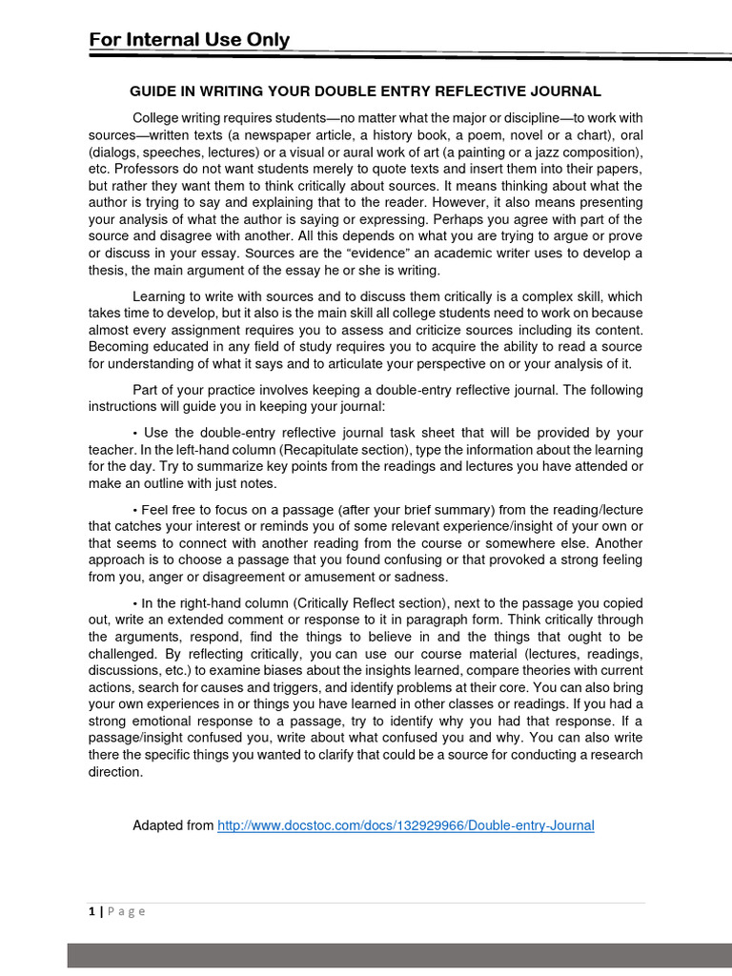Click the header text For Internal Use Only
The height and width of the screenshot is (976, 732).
[189, 39]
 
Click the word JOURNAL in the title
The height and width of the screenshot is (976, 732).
[566, 91]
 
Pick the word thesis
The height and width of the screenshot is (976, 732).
[110, 270]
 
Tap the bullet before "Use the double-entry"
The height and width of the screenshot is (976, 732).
[135, 433]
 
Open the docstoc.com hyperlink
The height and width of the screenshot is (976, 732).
[405, 825]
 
